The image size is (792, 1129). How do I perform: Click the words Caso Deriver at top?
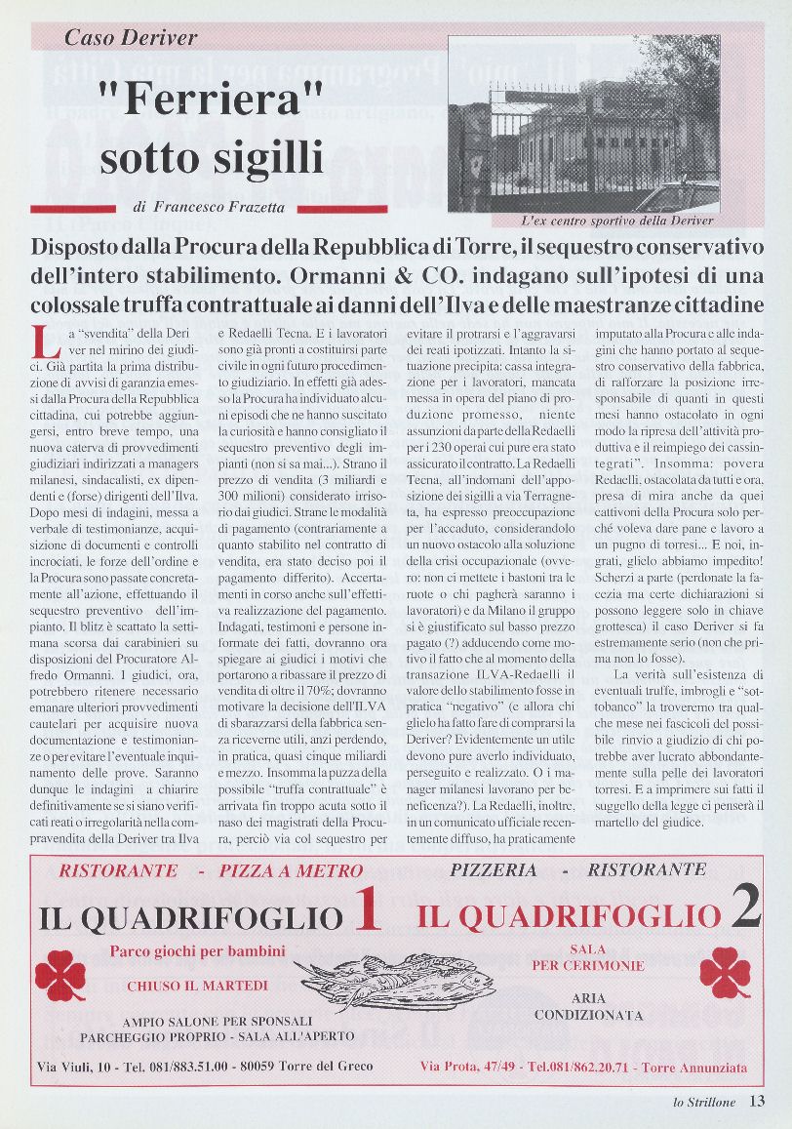tap(131, 38)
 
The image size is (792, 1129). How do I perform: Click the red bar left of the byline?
tap(74, 208)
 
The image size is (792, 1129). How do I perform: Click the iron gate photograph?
tap(583, 124)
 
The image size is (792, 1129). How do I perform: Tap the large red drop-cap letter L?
tap(42, 342)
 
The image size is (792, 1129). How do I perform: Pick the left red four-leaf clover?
tap(61, 975)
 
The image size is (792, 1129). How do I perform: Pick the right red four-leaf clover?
tap(725, 972)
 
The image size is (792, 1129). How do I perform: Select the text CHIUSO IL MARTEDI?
tap(197, 987)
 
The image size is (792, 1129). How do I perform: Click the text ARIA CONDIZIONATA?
tap(588, 1007)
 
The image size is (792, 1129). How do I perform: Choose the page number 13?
tap(757, 1102)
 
